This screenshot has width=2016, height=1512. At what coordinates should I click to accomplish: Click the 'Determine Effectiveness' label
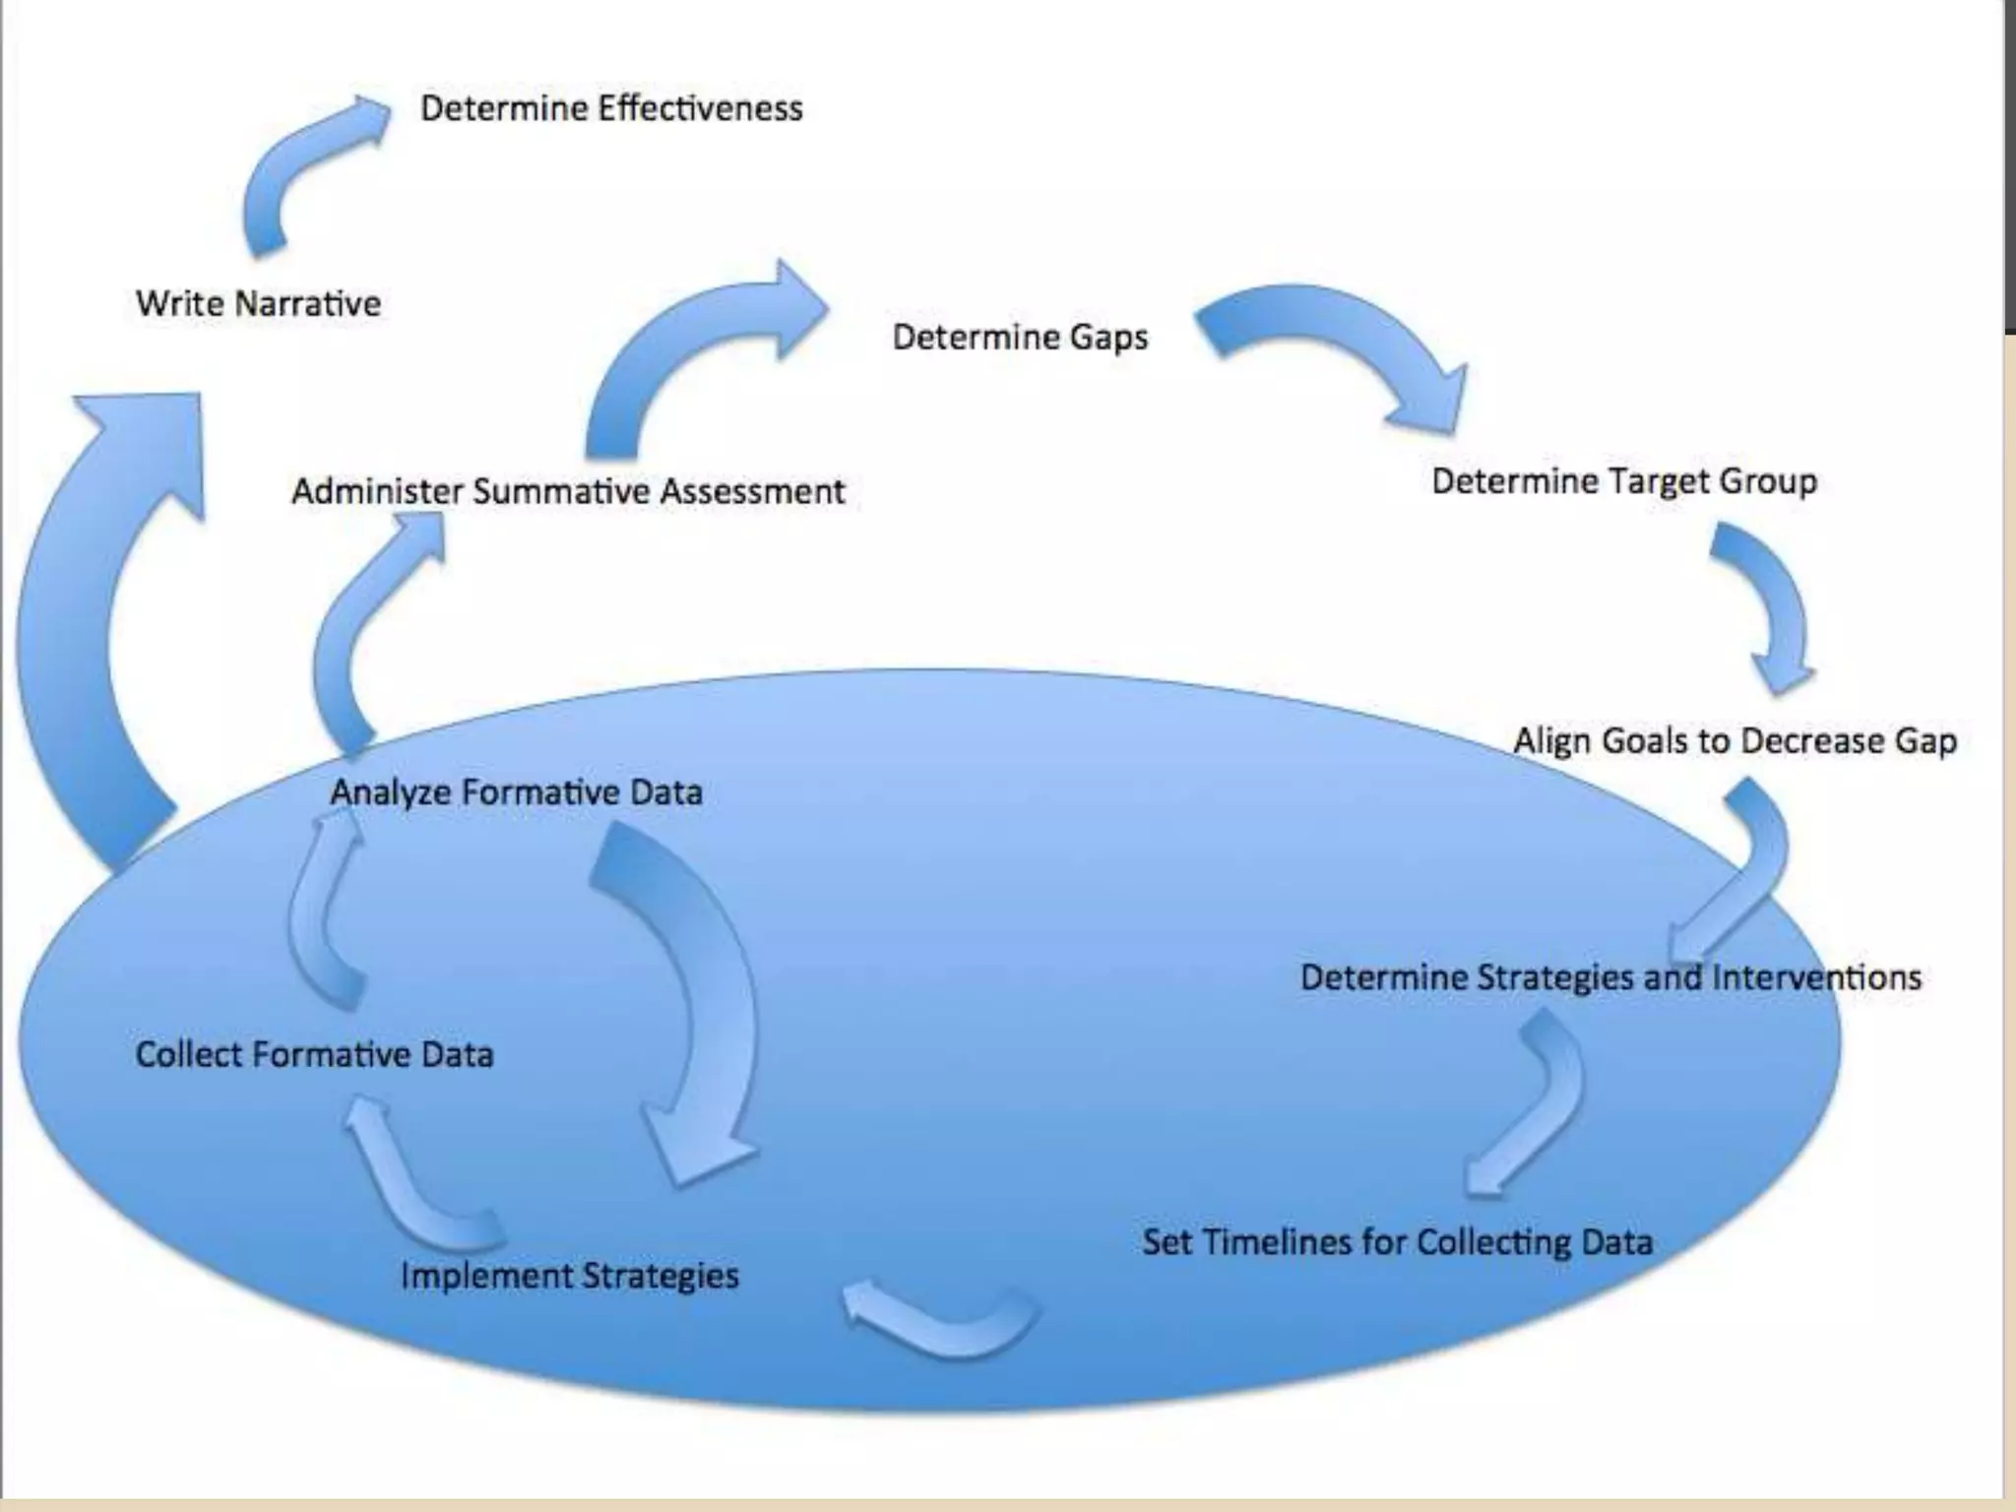(x=611, y=108)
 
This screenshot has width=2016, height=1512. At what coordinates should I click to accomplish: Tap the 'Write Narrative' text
(x=258, y=303)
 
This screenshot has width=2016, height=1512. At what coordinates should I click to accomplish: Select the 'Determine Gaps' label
(x=1020, y=337)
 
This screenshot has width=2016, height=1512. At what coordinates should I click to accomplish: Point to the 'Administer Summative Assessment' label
(x=568, y=490)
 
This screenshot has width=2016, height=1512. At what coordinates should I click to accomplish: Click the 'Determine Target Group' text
(x=1624, y=481)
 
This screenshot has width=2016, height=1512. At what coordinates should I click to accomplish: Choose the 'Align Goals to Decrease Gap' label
(x=1734, y=740)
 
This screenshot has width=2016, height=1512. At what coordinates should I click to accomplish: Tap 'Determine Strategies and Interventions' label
(x=1610, y=977)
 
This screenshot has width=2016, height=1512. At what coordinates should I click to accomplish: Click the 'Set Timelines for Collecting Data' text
(x=1397, y=1242)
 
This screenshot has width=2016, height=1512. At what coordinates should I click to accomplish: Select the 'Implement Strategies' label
(x=569, y=1276)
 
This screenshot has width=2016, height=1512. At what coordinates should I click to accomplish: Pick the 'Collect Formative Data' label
(x=314, y=1054)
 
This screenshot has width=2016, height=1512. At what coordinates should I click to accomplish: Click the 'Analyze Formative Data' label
(x=516, y=792)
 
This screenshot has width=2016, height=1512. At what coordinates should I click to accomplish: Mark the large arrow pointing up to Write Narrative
(x=98, y=630)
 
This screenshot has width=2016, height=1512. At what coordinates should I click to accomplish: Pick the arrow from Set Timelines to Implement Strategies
(x=940, y=1324)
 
